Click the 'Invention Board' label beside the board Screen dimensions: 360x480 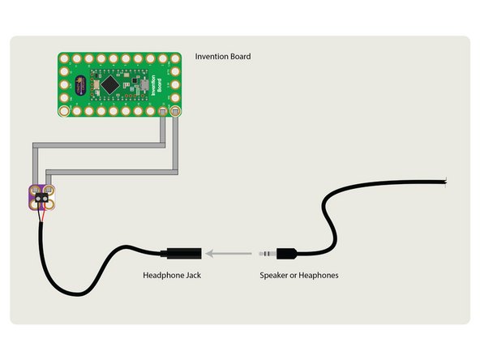[x=223, y=57]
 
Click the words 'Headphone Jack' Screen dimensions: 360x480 [x=171, y=276]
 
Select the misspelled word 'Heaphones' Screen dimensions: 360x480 [x=319, y=276]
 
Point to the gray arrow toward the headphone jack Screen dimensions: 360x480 [x=227, y=254]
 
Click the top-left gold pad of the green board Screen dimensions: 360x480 [x=65, y=58]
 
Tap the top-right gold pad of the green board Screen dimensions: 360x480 [x=175, y=58]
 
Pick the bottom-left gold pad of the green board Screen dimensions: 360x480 [x=65, y=111]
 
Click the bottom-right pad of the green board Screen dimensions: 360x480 [x=175, y=111]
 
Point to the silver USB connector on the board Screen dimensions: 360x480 [x=144, y=85]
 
